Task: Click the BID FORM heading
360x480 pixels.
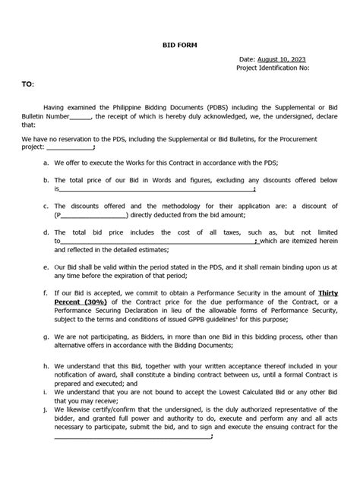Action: tap(179, 46)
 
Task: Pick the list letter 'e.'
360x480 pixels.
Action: tap(47, 267)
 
